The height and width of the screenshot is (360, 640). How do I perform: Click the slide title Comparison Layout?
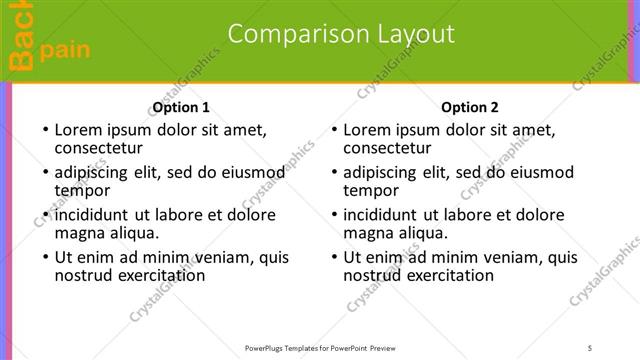(x=341, y=34)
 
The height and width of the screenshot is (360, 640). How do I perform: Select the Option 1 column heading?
(x=181, y=107)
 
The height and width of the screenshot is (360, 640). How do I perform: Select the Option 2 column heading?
(x=469, y=107)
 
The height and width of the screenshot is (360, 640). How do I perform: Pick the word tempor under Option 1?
(x=82, y=191)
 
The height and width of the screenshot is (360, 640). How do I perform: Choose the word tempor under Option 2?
(x=370, y=191)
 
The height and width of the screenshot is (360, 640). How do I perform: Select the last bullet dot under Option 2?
(x=332, y=258)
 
